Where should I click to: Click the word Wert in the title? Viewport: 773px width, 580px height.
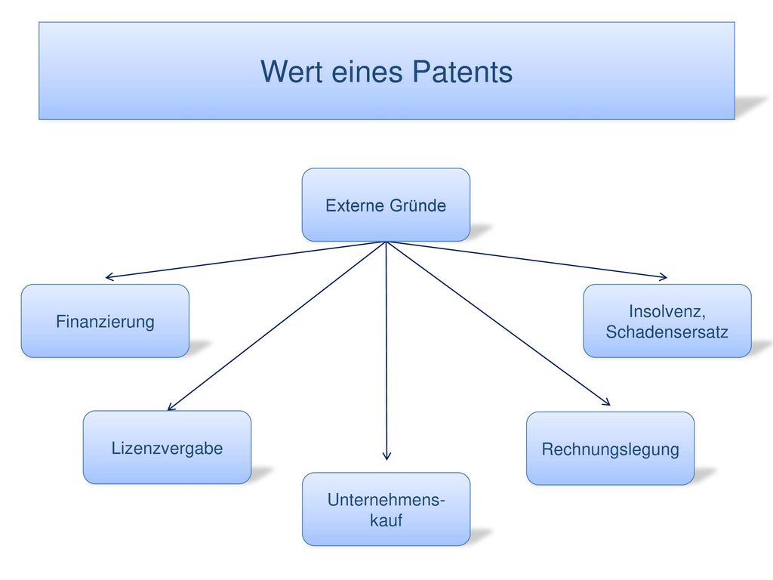tap(292, 72)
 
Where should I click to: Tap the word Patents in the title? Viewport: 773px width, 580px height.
tap(462, 72)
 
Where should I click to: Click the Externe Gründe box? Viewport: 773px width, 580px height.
tap(386, 205)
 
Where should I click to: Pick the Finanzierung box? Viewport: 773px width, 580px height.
tap(105, 321)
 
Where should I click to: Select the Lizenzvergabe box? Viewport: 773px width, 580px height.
tap(167, 447)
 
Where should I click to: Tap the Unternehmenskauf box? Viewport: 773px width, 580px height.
tap(386, 509)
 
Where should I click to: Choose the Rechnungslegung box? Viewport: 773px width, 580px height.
tap(610, 449)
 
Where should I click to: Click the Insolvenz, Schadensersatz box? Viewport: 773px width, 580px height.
tap(667, 321)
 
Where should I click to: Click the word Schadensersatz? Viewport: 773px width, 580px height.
tap(667, 332)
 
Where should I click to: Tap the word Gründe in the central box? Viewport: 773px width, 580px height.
tap(418, 205)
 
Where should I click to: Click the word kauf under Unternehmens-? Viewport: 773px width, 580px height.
tap(386, 520)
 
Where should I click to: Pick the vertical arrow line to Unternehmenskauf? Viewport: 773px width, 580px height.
tap(386, 350)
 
